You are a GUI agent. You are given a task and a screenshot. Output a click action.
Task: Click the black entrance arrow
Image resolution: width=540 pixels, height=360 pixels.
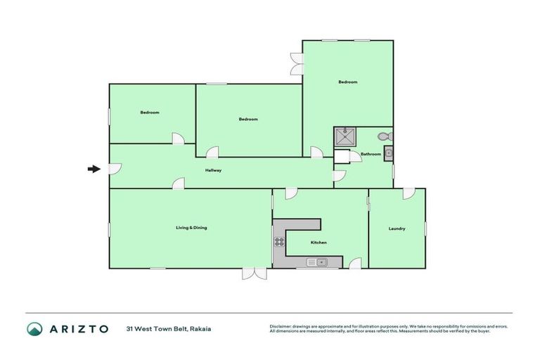click(x=93, y=169)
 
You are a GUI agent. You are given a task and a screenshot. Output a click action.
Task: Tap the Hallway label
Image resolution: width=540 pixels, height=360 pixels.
click(x=214, y=171)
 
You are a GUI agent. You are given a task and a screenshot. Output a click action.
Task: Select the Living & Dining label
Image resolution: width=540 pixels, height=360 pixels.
click(x=191, y=227)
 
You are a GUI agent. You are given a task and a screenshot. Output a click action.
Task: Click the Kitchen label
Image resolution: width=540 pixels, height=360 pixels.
click(x=319, y=243)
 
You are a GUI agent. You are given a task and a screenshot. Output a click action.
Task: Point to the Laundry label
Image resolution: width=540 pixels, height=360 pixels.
click(x=397, y=228)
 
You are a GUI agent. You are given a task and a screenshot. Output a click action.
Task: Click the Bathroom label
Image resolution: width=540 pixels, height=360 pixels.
click(x=371, y=154)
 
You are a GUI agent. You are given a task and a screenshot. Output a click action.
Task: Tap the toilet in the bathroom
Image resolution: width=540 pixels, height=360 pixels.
click(x=385, y=136)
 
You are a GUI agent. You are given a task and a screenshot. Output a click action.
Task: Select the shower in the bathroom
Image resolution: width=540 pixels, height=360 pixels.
click(x=345, y=136)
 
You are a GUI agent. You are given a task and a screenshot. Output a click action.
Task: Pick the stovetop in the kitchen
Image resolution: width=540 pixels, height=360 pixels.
click(x=279, y=243)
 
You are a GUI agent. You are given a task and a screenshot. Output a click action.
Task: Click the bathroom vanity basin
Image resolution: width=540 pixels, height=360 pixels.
click(x=388, y=153)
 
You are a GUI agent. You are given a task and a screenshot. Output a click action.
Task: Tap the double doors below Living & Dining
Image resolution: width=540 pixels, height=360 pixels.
click(x=255, y=274)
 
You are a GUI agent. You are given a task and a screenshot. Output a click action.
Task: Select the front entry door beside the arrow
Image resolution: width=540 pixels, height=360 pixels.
click(x=115, y=169)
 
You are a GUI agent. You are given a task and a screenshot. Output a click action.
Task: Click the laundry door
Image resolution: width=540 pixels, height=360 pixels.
click(x=408, y=193)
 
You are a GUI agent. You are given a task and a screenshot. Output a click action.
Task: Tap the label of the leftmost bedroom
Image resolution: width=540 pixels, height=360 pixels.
click(x=149, y=112)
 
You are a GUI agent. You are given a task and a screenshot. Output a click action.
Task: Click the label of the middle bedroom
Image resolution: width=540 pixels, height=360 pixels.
click(x=248, y=119)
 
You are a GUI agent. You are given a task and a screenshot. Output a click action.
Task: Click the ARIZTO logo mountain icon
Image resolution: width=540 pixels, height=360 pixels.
click(x=34, y=328)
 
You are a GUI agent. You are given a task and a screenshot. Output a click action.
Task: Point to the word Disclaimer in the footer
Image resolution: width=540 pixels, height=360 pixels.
click(x=281, y=326)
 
